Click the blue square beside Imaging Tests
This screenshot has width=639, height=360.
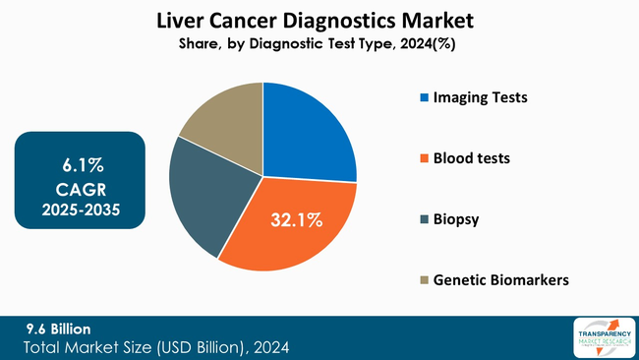click(424, 98)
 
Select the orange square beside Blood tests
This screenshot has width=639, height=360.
click(424, 158)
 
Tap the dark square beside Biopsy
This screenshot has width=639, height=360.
click(424, 219)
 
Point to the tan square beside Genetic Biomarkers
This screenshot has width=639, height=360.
click(424, 280)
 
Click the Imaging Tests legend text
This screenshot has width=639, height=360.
click(482, 98)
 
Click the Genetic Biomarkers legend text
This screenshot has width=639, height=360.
click(501, 280)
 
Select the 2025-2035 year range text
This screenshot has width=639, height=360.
click(81, 209)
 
